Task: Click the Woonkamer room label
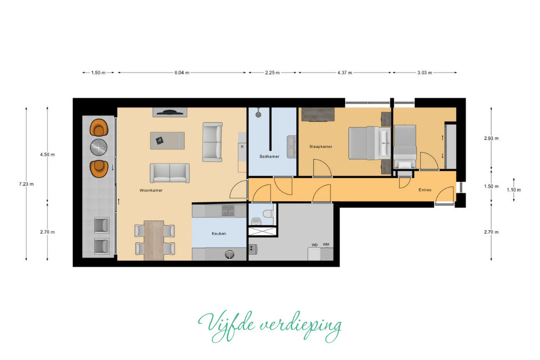151,191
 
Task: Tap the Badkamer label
269,157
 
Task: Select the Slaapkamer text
321,147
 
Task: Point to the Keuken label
219,233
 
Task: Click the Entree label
425,189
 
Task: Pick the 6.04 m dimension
182,73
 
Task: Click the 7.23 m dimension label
26,184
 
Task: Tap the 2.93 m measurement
491,138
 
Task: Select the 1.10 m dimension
514,189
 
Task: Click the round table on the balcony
99,147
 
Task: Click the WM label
326,244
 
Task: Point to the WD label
314,245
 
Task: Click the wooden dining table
154,240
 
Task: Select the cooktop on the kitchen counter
228,210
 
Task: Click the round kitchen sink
230,254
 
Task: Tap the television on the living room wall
170,112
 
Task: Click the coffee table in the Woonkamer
167,140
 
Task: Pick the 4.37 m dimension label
345,73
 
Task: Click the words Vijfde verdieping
269,325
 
